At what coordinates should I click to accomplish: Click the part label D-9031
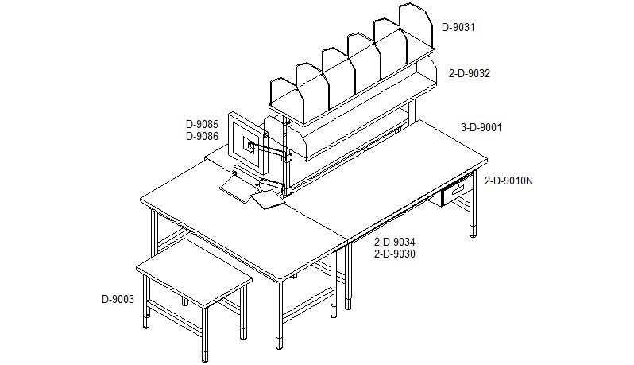tap(458, 28)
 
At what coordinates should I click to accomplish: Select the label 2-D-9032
tap(469, 74)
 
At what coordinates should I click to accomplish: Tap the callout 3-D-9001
tap(481, 128)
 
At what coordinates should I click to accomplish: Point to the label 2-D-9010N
tap(508, 181)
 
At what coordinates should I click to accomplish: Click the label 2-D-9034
tap(394, 243)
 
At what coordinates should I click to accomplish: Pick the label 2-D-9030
tap(394, 254)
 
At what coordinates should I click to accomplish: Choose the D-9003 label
tap(118, 300)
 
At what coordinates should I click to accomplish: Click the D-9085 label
tap(202, 124)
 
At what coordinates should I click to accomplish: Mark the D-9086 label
tap(202, 136)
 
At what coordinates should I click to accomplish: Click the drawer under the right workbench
tap(457, 192)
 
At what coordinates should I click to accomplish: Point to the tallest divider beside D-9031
tap(416, 28)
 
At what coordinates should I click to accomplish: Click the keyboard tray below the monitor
tap(234, 189)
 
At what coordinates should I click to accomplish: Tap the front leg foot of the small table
tap(205, 357)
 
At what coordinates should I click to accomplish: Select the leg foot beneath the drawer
tap(473, 232)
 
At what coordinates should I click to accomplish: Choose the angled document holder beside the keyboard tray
tap(268, 200)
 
